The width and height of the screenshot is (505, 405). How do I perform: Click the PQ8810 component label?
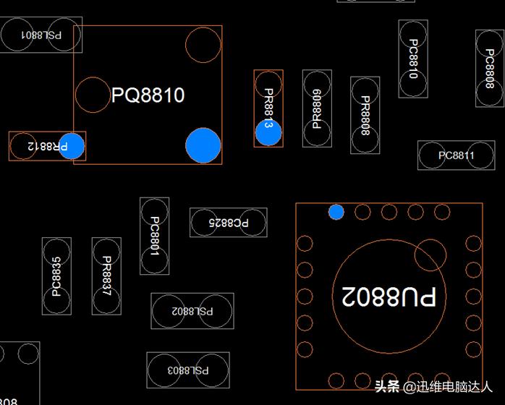148,95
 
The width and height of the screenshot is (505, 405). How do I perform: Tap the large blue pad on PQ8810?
203,145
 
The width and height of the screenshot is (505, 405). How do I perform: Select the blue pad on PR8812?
72,146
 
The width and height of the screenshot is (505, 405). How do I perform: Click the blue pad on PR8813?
268,132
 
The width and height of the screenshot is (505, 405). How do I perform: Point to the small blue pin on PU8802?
336,212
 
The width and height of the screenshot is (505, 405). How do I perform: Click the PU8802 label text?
389,296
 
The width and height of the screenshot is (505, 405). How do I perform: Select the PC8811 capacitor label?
457,155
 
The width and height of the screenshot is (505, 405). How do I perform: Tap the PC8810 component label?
413,59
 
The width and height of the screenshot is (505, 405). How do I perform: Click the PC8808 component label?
490,69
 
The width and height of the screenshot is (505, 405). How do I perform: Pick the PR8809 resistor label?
317,108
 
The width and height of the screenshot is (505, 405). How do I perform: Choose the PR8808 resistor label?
365,116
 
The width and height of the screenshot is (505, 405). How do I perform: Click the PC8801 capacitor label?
154,236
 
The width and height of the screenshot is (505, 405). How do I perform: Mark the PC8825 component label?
228,223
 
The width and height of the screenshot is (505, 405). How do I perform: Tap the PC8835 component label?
56,277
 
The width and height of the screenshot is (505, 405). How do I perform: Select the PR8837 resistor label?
106,276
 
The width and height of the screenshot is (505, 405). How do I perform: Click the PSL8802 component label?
192,312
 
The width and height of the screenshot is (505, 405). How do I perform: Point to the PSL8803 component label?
188,370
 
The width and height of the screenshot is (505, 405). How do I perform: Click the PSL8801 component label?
41,34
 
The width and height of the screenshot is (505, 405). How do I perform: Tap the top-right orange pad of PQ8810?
203,45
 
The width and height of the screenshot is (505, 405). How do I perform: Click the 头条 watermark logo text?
388,386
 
